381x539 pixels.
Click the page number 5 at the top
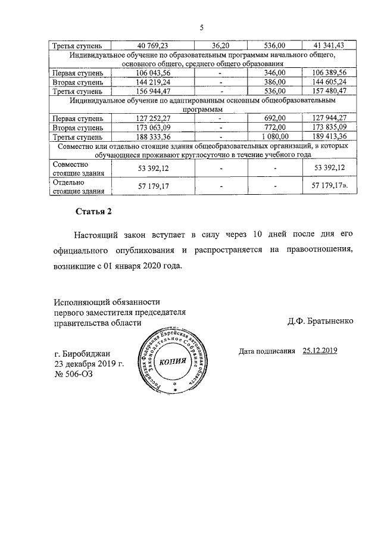[x=202, y=28]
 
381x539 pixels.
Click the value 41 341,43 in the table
[x=325, y=46]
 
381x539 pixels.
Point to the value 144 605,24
[x=325, y=82]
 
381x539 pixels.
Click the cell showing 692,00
[x=274, y=119]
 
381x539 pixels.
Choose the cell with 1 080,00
[x=274, y=137]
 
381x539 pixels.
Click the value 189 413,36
[x=325, y=137]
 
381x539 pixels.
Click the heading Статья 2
[x=93, y=212]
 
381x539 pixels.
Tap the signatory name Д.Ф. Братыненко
[x=320, y=321]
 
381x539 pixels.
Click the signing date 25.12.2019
[x=320, y=351]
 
